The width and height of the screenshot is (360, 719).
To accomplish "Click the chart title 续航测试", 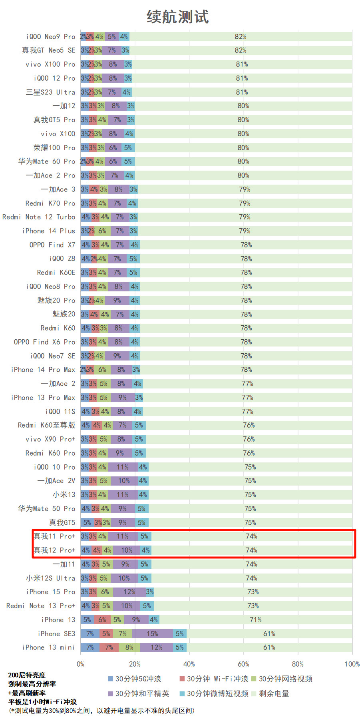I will point(178,17).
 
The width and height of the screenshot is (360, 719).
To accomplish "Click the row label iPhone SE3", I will point(56,633).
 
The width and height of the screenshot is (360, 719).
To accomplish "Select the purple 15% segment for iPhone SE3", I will point(152,633).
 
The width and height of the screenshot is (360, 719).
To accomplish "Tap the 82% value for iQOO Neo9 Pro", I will point(241,37).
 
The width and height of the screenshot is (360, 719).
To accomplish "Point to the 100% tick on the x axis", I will point(352,664).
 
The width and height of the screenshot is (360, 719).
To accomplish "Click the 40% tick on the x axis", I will point(189,664).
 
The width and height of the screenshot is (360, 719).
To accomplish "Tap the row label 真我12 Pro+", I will point(54,550).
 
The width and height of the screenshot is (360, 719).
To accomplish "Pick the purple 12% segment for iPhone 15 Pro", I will point(129,592).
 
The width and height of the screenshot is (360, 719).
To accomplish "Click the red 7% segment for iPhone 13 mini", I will point(109,647).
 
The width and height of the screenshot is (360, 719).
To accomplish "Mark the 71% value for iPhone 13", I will point(256,620).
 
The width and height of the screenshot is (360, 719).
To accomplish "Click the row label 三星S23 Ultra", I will point(50,92).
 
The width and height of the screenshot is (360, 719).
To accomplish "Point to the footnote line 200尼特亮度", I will point(27,675).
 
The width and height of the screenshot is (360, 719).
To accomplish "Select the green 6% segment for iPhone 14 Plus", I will point(102,231).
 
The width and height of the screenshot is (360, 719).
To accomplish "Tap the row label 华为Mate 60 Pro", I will point(46,161).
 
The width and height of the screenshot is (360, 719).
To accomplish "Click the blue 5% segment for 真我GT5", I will point(87,523).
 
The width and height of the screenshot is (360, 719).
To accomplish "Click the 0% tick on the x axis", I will point(81,664).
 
